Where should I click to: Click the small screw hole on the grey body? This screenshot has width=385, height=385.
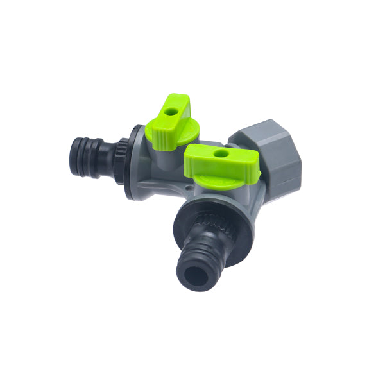point(186,189)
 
